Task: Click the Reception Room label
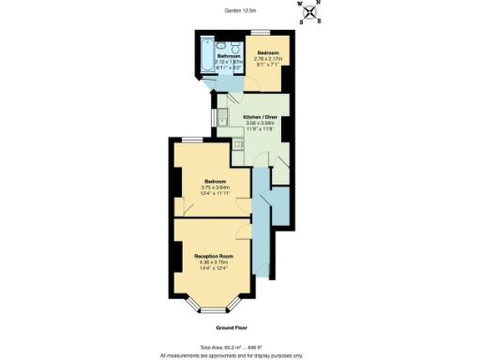click(x=213, y=255)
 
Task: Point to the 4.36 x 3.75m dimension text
click(x=213, y=262)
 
